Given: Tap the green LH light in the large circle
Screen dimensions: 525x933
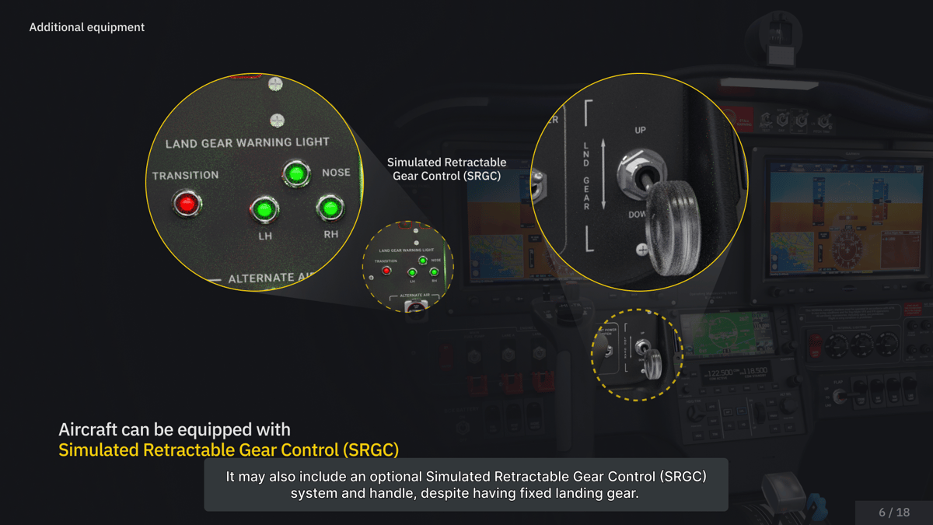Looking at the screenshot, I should coord(263,209).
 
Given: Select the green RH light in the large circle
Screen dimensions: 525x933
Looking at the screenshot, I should coord(330,208).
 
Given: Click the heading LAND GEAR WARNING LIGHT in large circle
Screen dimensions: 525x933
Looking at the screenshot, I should coord(247,143).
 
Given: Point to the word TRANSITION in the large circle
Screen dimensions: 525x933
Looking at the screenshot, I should coord(185,176).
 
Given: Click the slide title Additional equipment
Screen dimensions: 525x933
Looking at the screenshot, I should coord(87,27).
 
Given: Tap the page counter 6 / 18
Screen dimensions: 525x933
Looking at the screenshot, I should coord(894,512).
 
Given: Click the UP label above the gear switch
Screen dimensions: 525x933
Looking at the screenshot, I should coord(640,130).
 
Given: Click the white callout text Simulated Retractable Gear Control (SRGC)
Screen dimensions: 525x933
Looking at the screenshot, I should coord(446,169).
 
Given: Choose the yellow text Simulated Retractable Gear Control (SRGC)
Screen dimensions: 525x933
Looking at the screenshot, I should coord(229,450).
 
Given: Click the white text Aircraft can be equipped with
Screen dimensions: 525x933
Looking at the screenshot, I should coord(174,429).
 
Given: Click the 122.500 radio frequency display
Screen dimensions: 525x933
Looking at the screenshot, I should coord(721,373).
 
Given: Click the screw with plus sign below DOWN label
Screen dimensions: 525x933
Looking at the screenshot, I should coord(642,250).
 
